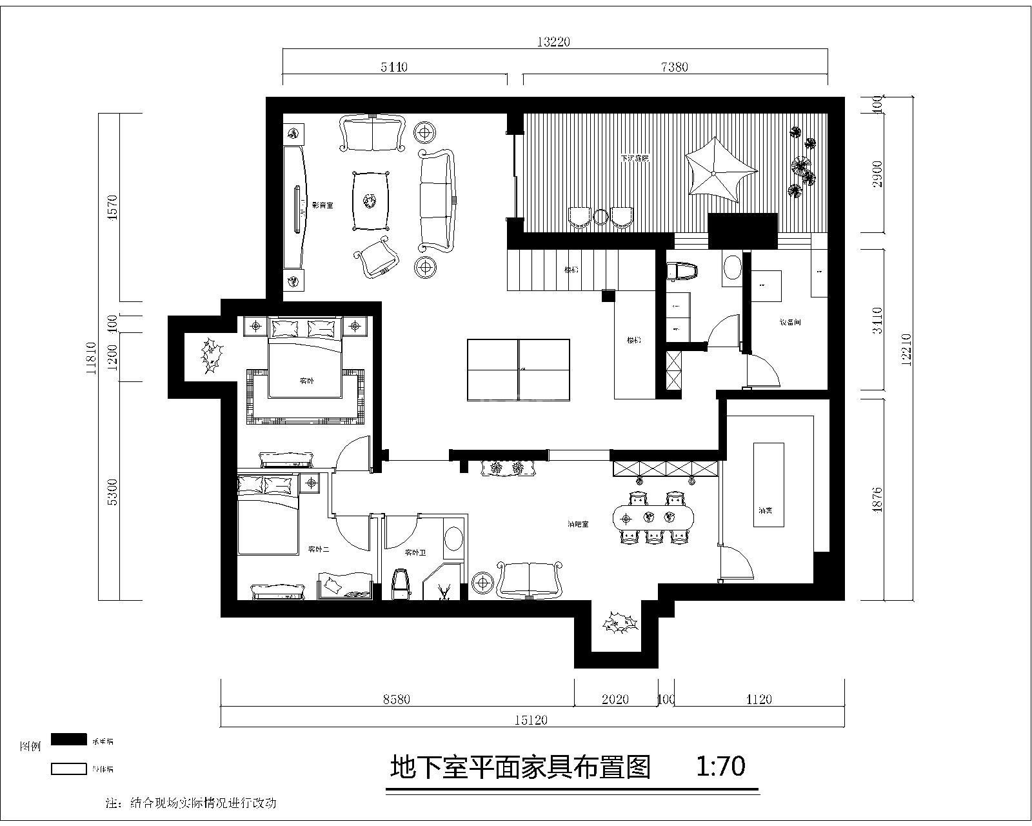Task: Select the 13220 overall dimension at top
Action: click(x=554, y=42)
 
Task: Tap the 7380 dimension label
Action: click(x=675, y=66)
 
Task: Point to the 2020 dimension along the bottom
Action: click(x=615, y=700)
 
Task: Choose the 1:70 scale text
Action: click(x=720, y=766)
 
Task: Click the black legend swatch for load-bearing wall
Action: click(x=68, y=739)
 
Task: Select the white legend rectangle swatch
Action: click(x=68, y=769)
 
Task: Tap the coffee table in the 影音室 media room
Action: click(x=371, y=201)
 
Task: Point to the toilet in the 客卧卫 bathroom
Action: click(x=401, y=584)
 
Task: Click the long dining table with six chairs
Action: click(x=655, y=516)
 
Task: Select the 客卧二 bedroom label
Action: click(x=319, y=550)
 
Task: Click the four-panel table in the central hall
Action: click(x=519, y=369)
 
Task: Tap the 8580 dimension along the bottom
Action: click(x=396, y=700)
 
